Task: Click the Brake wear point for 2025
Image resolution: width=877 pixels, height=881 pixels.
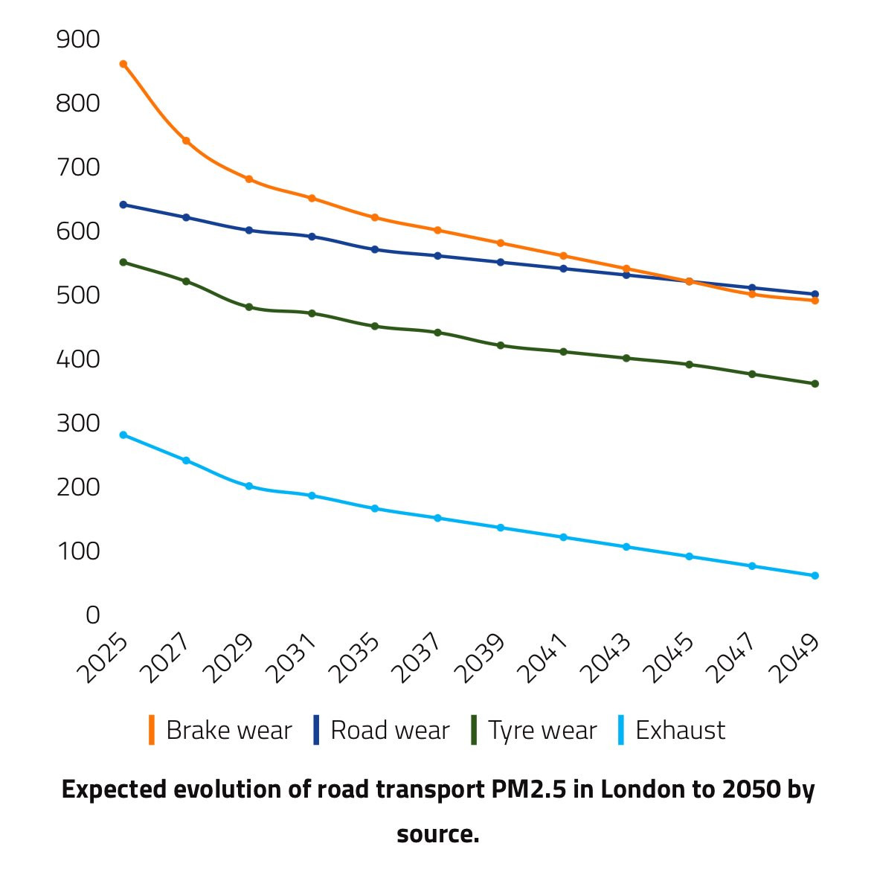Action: point(123,64)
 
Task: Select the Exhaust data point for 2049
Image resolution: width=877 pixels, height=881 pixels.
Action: point(815,575)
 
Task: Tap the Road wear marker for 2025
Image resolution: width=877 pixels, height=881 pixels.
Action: point(123,205)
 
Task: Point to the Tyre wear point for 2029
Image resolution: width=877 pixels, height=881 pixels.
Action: point(249,307)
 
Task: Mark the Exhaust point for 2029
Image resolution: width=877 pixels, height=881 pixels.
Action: point(249,486)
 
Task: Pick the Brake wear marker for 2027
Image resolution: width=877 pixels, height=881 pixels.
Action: point(186,141)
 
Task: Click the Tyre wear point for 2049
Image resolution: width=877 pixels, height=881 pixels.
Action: point(815,384)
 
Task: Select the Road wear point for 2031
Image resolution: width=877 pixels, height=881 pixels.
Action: point(312,237)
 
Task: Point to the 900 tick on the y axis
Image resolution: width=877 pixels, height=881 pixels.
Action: point(78,39)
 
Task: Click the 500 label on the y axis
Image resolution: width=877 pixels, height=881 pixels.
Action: point(78,295)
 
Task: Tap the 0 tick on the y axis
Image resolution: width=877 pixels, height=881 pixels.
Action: point(92,615)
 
